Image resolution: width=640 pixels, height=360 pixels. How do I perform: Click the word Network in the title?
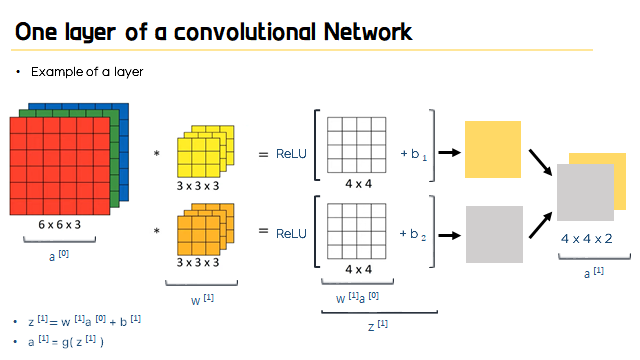(368, 32)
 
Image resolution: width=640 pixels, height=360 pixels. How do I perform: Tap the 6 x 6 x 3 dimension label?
(60, 224)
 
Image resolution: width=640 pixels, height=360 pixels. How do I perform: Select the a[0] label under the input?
(59, 256)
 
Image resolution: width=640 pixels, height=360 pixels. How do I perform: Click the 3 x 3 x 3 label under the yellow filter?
(198, 186)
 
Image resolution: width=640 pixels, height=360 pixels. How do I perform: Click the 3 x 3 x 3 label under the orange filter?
(198, 262)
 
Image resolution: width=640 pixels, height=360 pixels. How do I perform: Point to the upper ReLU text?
(291, 154)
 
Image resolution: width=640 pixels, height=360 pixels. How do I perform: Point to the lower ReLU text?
(291, 233)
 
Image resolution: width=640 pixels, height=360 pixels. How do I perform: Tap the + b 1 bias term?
(413, 154)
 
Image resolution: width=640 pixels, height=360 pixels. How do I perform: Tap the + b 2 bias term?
(413, 234)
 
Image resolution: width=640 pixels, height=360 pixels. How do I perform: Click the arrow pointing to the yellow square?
(449, 153)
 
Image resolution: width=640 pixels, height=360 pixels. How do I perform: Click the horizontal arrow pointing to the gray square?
(449, 236)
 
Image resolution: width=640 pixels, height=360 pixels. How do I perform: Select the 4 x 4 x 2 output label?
(587, 239)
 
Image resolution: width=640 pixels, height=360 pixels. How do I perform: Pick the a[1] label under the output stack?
(594, 272)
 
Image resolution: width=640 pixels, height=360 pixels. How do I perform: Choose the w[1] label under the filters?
(202, 300)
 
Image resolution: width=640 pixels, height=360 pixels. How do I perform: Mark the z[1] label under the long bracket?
(378, 325)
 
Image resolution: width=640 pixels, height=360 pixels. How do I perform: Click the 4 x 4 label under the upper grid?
(358, 184)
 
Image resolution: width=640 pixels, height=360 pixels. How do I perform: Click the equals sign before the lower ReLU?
(264, 231)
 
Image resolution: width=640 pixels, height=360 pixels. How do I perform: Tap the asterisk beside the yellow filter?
(156, 154)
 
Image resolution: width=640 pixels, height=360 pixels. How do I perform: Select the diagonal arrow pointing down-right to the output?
(540, 162)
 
